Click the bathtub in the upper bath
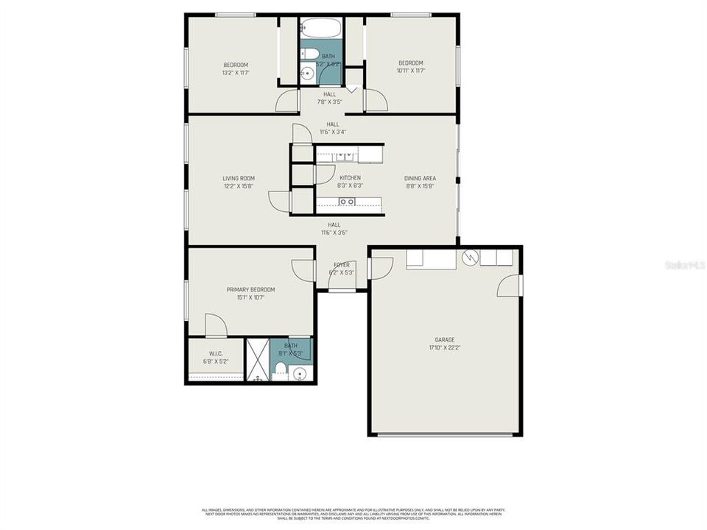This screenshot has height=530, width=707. click(321, 29)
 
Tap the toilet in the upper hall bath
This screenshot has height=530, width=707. click(309, 53)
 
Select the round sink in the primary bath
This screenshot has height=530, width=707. click(299, 375)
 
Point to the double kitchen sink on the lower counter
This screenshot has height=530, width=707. click(346, 202)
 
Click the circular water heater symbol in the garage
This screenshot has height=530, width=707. click(469, 258)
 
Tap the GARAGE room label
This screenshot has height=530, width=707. click(444, 339)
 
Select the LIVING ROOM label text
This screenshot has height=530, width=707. click(239, 178)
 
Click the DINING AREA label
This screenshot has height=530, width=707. click(420, 178)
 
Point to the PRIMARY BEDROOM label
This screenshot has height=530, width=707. click(250, 289)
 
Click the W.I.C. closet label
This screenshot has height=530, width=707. click(215, 353)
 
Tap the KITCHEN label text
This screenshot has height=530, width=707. click(350, 178)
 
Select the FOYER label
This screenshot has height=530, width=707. click(342, 265)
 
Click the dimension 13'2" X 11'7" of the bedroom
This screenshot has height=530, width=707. click(236, 72)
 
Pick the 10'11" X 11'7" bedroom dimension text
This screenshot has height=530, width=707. click(411, 71)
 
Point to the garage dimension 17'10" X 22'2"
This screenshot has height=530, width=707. click(444, 347)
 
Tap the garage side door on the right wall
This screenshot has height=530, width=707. click(510, 286)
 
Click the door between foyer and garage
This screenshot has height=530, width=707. click(379, 268)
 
